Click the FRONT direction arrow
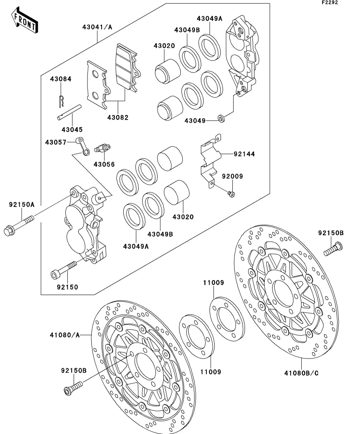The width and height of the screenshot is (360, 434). [x=25, y=21]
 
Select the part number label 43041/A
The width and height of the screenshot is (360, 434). [x=97, y=27]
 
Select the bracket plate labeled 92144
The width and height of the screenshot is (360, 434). [x=209, y=157]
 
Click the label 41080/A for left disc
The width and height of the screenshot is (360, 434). [x=65, y=335]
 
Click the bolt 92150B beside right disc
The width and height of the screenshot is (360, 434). [x=334, y=249]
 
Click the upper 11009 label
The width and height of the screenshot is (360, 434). [x=214, y=282]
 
